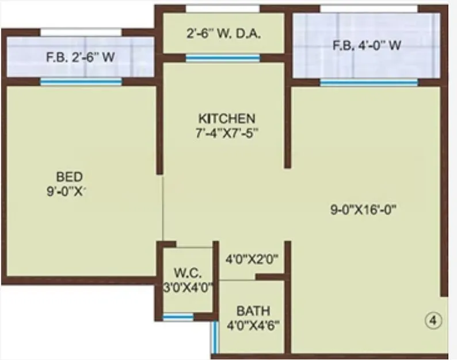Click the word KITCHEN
tap(226, 118)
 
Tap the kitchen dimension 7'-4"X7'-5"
tap(226, 132)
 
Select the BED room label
tap(69, 176)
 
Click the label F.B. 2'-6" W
tap(80, 57)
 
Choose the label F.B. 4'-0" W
tap(367, 45)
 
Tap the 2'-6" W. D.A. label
tap(224, 33)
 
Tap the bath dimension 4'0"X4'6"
tap(252, 325)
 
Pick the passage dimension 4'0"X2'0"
tap(252, 259)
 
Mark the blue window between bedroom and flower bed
tap(81, 82)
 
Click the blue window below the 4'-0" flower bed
tap(368, 83)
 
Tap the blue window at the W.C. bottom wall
tap(178, 317)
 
